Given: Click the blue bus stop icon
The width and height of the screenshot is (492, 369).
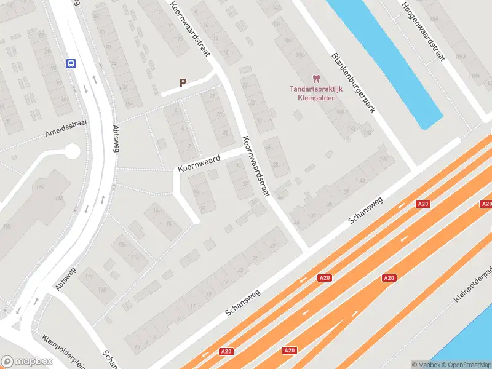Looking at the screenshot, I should [x=71, y=63].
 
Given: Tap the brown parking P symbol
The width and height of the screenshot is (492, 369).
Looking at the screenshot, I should [x=183, y=82].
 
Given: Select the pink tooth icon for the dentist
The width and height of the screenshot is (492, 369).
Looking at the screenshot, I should [x=316, y=78].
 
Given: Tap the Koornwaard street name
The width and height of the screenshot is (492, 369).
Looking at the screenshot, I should [x=199, y=162].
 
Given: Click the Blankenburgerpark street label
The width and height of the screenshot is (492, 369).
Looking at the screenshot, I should [x=354, y=82].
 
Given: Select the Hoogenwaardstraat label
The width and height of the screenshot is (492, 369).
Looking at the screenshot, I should [x=423, y=31].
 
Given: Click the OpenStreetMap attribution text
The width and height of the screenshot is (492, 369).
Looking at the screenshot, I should [x=467, y=364].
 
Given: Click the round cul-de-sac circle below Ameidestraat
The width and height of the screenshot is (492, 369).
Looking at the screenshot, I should [x=72, y=151].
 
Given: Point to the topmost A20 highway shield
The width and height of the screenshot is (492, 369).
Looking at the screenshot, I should [x=423, y=204].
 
